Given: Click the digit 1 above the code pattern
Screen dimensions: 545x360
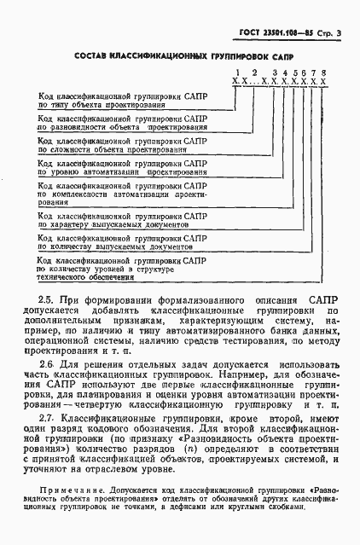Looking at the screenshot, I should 227,75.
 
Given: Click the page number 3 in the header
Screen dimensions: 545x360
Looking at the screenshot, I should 338,32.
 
